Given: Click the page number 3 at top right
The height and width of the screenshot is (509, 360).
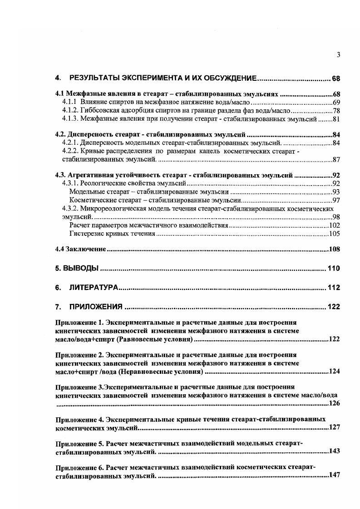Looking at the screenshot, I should [338, 55].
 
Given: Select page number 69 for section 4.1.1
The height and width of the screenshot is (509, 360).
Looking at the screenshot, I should [336, 102].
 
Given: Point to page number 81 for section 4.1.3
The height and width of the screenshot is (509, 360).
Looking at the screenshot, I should [336, 119].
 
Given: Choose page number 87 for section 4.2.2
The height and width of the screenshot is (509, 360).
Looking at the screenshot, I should [336, 160].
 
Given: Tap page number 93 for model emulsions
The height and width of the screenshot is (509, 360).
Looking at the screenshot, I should [336, 192].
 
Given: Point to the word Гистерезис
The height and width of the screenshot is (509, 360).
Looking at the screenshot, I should [87, 234].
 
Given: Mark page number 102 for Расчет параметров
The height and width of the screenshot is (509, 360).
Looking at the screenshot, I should [335, 225].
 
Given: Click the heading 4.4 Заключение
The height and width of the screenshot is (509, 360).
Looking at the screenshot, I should [81, 249].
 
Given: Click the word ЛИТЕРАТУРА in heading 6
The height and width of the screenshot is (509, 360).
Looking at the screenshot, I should [94, 288].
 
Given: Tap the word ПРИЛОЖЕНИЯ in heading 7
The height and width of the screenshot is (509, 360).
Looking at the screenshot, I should [96, 307].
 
